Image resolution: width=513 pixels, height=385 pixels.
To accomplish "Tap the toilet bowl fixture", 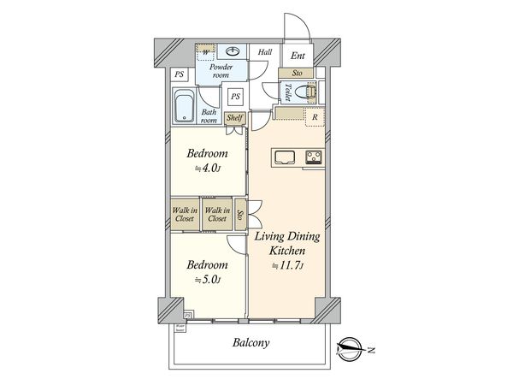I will pyautogui.click(x=310, y=91).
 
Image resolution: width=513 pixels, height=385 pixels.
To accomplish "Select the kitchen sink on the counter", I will pyautogui.click(x=284, y=157).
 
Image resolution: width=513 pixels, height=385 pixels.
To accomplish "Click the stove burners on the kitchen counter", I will pyautogui.click(x=314, y=157).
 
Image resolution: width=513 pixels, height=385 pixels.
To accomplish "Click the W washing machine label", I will pyautogui.click(x=206, y=52).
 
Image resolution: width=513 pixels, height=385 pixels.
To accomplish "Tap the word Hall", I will pyautogui.click(x=265, y=53).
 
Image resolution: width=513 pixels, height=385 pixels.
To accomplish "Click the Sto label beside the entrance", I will pyautogui.click(x=297, y=74).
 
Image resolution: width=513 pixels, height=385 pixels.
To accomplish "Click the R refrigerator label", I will pyautogui.click(x=316, y=118).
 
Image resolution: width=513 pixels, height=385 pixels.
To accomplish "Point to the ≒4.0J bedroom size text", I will pyautogui.click(x=208, y=169).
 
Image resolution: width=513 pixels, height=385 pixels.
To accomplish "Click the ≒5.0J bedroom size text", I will pyautogui.click(x=208, y=280).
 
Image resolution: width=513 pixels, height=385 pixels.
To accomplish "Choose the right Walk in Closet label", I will pyautogui.click(x=217, y=214).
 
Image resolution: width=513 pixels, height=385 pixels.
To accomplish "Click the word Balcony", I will pyautogui.click(x=251, y=344).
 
